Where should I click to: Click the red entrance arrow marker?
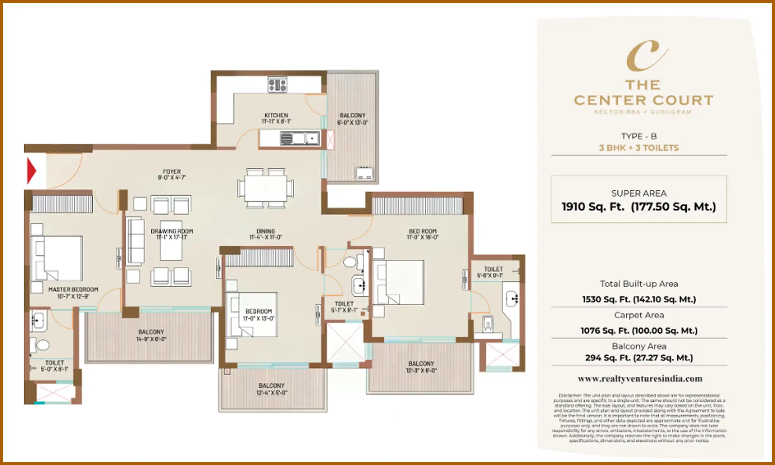[31, 170]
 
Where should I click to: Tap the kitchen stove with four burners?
[277, 85]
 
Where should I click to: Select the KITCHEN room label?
[276, 115]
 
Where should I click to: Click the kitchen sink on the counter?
[300, 139]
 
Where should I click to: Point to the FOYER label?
[172, 172]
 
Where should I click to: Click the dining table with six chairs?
[265, 188]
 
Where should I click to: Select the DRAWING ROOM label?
[172, 231]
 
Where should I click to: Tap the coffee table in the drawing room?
[171, 241]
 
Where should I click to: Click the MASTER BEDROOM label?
[73, 290]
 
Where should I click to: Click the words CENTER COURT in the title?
[644, 100]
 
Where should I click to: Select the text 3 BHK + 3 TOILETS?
[639, 148]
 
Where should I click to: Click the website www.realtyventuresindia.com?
[640, 378]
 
